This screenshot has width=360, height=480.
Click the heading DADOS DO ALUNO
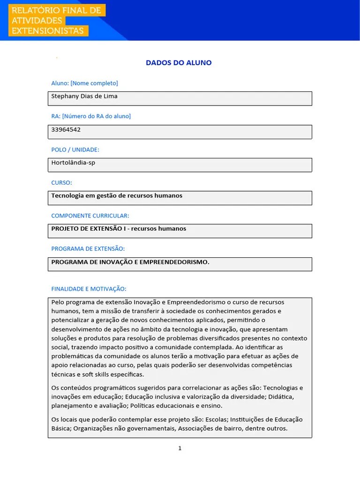point(179,63)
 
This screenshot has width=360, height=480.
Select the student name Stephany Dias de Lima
point(84,96)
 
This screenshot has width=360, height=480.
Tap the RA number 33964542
point(66,129)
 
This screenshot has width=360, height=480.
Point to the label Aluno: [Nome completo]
point(84,83)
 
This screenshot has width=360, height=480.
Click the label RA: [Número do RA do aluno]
point(91,116)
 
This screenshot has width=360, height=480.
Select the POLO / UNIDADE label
point(75,150)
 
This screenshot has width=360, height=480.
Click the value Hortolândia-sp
point(73,163)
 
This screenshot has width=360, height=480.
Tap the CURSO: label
point(61,182)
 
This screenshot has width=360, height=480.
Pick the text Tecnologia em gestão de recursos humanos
point(117,195)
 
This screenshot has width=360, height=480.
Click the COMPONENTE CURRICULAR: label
point(90,216)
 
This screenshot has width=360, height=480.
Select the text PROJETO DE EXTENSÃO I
point(89,229)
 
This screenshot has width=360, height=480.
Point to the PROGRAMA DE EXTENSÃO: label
point(88,248)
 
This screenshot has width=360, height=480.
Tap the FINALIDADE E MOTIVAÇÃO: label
point(89,289)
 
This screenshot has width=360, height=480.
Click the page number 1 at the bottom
point(180,448)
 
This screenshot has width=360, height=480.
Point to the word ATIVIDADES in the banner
point(37,21)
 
